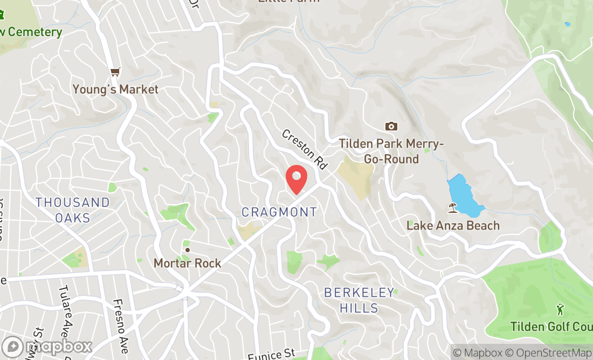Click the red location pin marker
pyautogui.click(x=296, y=179)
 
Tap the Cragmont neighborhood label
pyautogui.click(x=279, y=212)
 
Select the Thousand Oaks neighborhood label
pyautogui.click(x=73, y=210)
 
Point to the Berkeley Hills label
pyautogui.click(x=359, y=300)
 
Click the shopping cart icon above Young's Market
pyautogui.click(x=115, y=72)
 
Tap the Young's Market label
pyautogui.click(x=116, y=89)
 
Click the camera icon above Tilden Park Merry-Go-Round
pyautogui.click(x=391, y=126)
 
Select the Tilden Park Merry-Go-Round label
pyautogui.click(x=391, y=151)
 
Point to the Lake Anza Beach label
pyautogui.click(x=453, y=225)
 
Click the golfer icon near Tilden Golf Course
pyautogui.click(x=560, y=309)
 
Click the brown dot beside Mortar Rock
pyautogui.click(x=188, y=250)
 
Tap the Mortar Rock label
pyautogui.click(x=188, y=263)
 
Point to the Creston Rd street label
pyautogui.click(x=305, y=149)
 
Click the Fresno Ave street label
pyautogui.click(x=121, y=326)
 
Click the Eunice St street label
pyautogui.click(x=272, y=354)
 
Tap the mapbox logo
pyautogui.click(x=47, y=346)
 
